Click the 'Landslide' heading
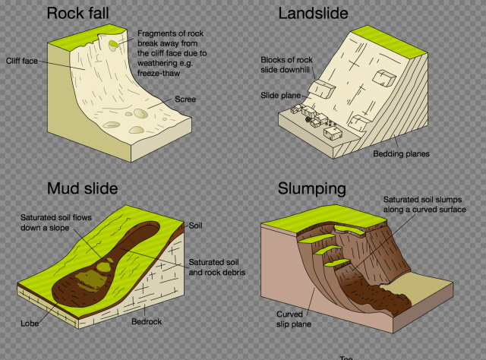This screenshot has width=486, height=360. point(314,14)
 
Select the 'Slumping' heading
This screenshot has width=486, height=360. point(312,188)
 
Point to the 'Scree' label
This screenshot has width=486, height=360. point(185,99)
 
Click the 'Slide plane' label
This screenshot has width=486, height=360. point(280,95)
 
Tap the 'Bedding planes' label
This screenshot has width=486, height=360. point(401,153)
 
